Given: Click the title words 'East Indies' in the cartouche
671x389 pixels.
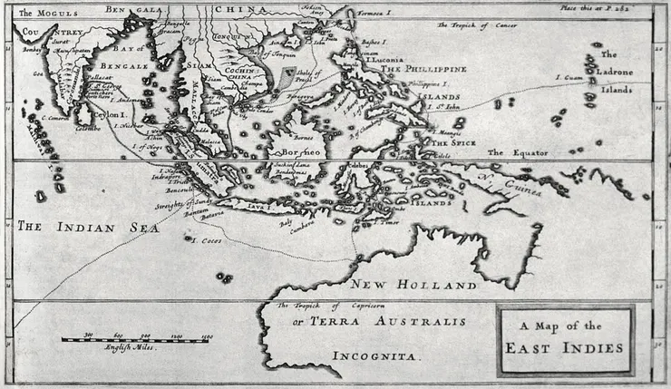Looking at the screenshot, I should pos(565,347).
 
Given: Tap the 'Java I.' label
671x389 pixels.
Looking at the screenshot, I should pos(258,208).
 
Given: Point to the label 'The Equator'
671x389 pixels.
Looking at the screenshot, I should pos(518,152).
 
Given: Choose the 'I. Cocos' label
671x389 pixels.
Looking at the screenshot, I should pos(208,240).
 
